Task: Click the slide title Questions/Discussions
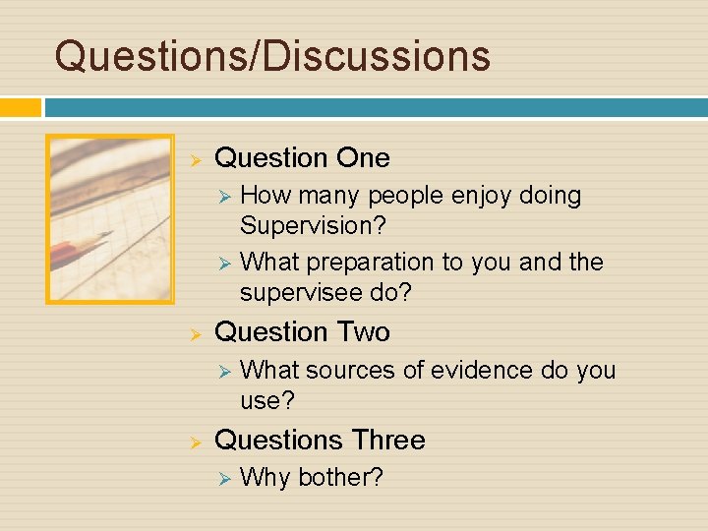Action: pos(272,55)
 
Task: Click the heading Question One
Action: pos(302,157)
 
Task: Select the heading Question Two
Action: pos(302,332)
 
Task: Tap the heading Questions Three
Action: pos(320,440)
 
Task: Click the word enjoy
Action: pos(483,196)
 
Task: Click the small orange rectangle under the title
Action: pos(20,107)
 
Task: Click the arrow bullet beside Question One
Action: pos(195,159)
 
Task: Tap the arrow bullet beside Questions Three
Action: pos(195,442)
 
